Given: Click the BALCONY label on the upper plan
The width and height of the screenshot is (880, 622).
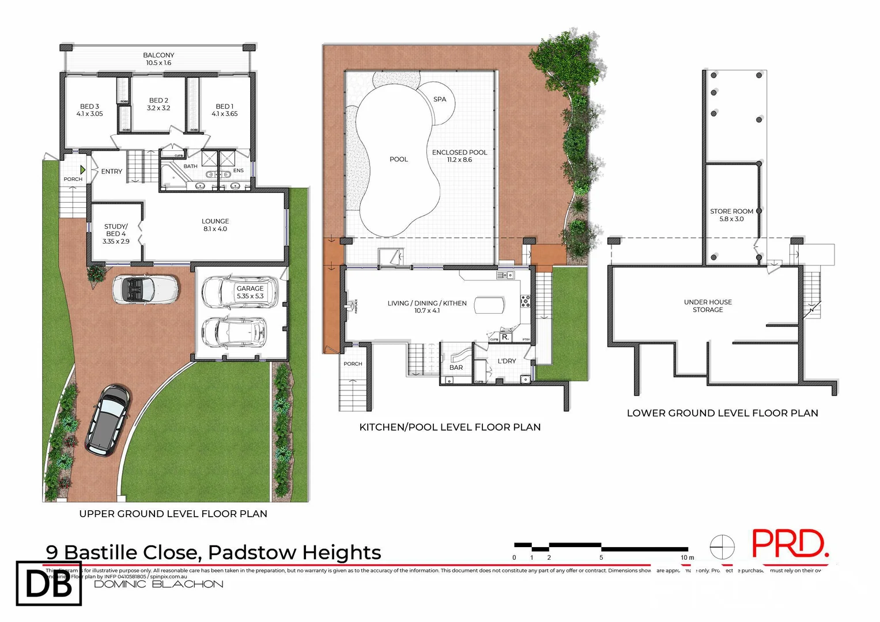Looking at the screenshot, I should [158, 59].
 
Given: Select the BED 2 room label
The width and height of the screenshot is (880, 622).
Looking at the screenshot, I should [158, 104].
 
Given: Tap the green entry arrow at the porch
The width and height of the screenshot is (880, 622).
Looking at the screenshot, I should [83, 170].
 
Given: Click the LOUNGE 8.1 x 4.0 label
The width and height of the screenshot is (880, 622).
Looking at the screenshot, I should [215, 225].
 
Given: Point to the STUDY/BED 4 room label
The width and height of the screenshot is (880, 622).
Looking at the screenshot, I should [116, 234].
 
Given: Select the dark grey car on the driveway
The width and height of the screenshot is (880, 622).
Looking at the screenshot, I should [108, 420].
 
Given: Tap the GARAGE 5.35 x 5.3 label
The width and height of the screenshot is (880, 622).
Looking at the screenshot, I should [250, 292].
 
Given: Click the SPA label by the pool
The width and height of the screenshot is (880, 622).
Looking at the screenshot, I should [440, 99].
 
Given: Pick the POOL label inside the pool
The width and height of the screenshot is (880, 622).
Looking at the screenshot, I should [398, 160].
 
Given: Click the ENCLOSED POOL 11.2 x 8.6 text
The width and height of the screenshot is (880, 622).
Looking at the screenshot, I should [459, 156].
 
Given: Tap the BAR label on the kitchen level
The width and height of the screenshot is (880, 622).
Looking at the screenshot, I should [456, 367].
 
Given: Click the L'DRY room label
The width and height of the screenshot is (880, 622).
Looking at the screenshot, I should [507, 361].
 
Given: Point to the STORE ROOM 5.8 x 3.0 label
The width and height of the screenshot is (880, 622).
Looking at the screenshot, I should [731, 215].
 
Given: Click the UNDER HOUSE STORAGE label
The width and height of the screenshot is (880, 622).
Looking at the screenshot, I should [708, 306].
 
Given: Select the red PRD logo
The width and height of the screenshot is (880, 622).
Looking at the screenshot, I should [790, 544].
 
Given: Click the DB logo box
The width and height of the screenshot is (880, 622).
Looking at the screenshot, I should [49, 583].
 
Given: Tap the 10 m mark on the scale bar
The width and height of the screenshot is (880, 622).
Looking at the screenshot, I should [687, 557].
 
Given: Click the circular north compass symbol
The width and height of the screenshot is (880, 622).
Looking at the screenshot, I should [722, 547].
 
